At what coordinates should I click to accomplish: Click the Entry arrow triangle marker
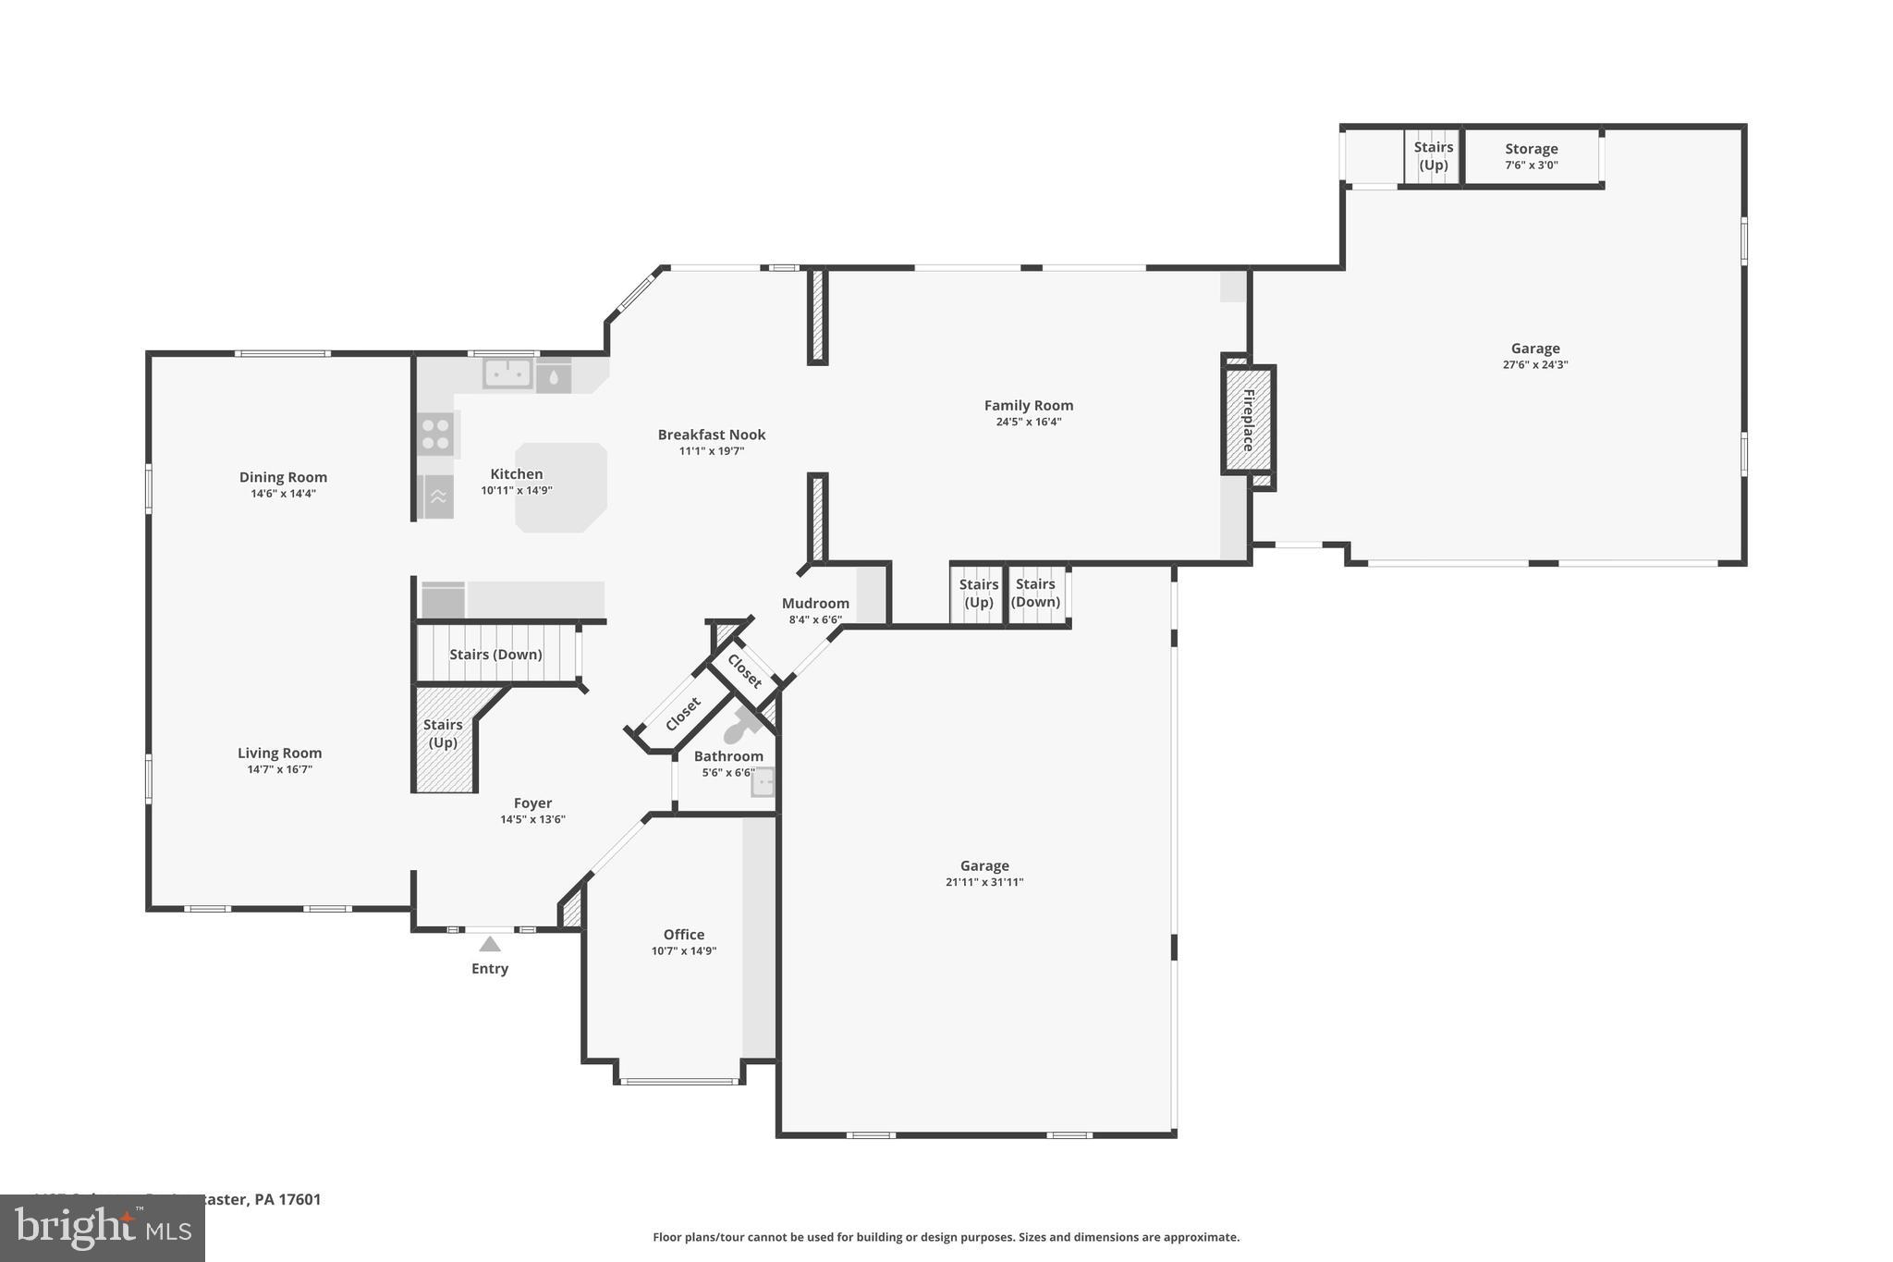pyautogui.click(x=490, y=944)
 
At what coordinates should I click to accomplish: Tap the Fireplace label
pyautogui.click(x=1248, y=420)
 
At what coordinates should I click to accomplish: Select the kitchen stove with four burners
pyautogui.click(x=436, y=435)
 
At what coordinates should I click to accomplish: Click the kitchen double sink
pyautogui.click(x=507, y=374)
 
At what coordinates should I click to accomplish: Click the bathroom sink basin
pyautogui.click(x=763, y=782)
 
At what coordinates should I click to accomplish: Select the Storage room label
pyautogui.click(x=1531, y=149)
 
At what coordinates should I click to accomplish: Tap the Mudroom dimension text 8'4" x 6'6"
pyautogui.click(x=815, y=620)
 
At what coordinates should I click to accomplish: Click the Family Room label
pyautogui.click(x=1028, y=405)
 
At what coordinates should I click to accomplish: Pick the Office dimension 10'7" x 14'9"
pyautogui.click(x=683, y=951)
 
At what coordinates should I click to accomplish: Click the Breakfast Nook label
pyautogui.click(x=711, y=435)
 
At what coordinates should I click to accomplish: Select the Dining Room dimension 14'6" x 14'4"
pyautogui.click(x=283, y=494)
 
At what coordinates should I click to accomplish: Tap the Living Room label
pyautogui.click(x=279, y=753)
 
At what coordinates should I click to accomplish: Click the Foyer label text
pyautogui.click(x=532, y=803)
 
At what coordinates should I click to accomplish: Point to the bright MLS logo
pyautogui.click(x=102, y=1228)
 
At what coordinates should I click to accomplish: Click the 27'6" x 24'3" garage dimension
pyautogui.click(x=1534, y=365)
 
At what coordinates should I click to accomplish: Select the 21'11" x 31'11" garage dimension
pyautogui.click(x=983, y=882)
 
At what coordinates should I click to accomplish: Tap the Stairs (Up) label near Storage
pyautogui.click(x=1433, y=156)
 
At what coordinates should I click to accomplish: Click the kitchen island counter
pyautogui.click(x=561, y=487)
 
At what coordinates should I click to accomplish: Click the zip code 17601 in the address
pyautogui.click(x=299, y=1199)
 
